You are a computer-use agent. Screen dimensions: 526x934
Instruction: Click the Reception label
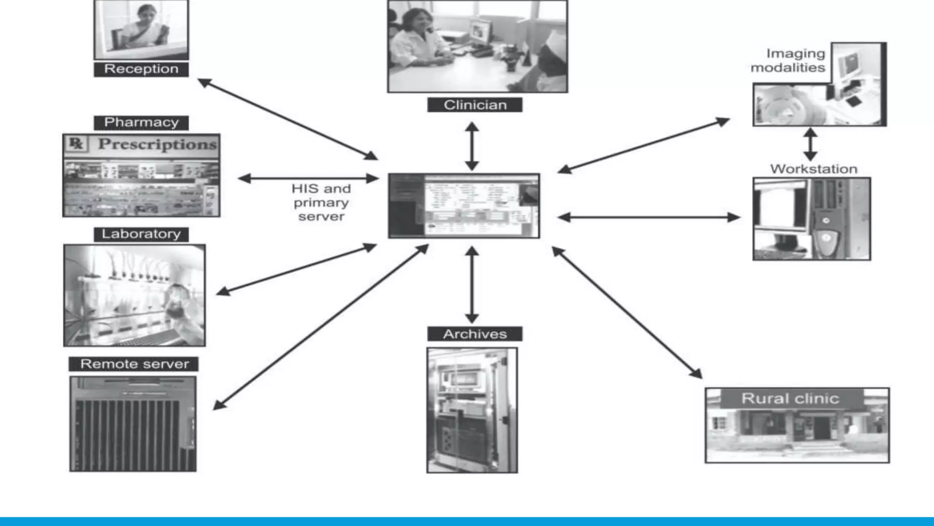(141, 69)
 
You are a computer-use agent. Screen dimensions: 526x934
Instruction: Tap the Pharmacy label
(141, 122)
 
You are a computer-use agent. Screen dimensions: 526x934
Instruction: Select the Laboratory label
(141, 234)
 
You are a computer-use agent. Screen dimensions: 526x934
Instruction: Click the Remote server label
(134, 364)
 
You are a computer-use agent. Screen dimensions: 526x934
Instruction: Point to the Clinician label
(475, 105)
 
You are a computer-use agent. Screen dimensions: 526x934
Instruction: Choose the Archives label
(475, 334)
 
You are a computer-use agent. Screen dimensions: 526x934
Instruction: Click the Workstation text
(814, 169)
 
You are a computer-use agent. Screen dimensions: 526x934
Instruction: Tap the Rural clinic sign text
(790, 399)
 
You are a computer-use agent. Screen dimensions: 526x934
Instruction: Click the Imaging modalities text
(788, 61)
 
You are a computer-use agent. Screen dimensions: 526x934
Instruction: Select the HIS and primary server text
(321, 202)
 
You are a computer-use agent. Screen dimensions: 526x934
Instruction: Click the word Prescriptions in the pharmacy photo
(157, 144)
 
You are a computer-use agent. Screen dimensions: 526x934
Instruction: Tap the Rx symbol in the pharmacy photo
(76, 143)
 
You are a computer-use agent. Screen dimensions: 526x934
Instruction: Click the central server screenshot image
(464, 205)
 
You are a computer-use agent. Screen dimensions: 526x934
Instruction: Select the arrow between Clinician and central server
(472, 146)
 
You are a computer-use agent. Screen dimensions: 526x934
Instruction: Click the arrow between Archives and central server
(472, 285)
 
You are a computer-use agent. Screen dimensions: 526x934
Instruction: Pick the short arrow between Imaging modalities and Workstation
(810, 144)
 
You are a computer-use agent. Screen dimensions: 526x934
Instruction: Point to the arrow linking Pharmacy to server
(308, 179)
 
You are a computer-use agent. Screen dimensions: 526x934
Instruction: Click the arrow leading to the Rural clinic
(627, 313)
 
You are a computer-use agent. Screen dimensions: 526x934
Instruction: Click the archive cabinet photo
(472, 410)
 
